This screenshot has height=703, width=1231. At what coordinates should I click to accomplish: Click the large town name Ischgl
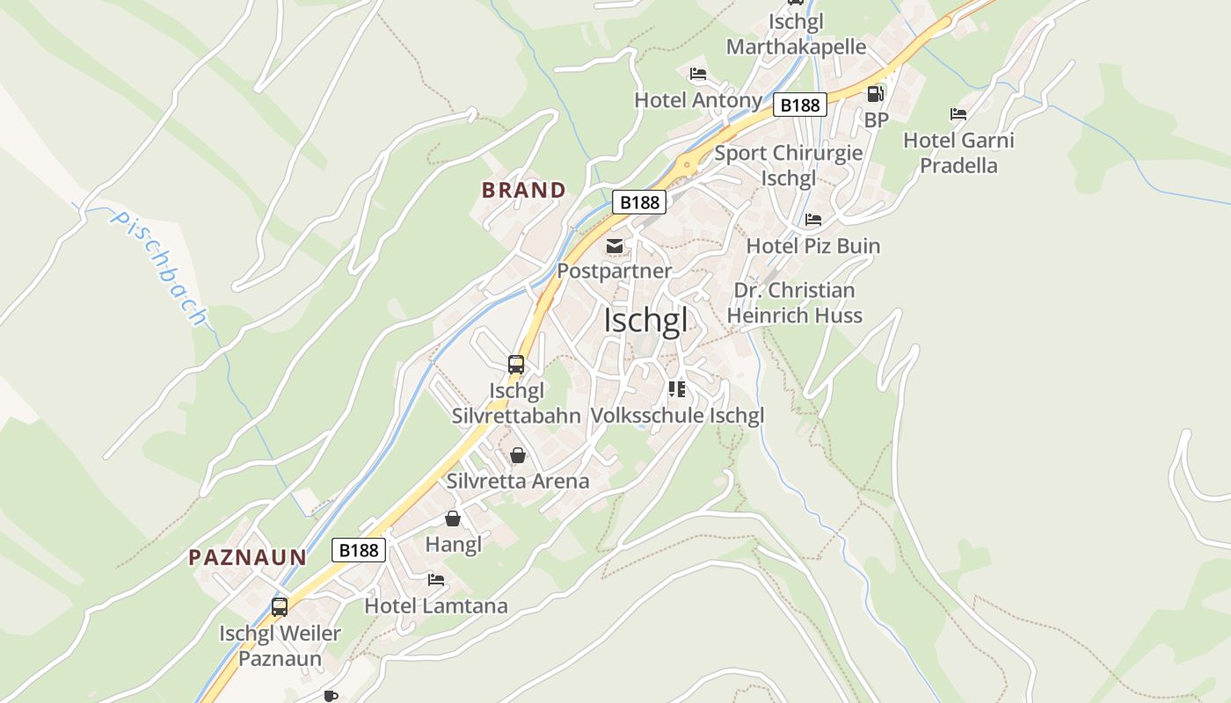click(x=645, y=321)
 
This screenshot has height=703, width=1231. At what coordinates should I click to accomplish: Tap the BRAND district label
click(x=523, y=190)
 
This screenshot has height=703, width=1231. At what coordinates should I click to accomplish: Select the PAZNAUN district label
click(x=247, y=557)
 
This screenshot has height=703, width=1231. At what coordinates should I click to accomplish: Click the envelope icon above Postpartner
click(x=615, y=246)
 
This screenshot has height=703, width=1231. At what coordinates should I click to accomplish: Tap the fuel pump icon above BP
click(x=875, y=94)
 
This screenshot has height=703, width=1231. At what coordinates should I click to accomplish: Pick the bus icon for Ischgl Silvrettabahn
click(x=516, y=364)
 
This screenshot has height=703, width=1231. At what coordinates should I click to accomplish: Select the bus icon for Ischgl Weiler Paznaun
click(x=280, y=606)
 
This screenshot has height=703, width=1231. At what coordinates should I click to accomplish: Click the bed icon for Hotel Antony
click(x=698, y=74)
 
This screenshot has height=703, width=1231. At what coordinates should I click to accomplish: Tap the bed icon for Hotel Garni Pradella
click(x=958, y=114)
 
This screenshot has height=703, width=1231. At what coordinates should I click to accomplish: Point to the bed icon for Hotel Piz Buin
click(x=813, y=220)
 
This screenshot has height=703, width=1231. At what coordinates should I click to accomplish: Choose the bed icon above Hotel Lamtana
click(x=436, y=580)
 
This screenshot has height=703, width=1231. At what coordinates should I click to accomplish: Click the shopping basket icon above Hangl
click(x=453, y=518)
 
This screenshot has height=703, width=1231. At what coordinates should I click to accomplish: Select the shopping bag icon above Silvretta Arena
click(x=518, y=455)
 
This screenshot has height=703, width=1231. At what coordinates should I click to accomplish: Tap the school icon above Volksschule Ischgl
click(x=676, y=388)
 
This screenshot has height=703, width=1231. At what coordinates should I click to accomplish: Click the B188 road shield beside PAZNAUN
click(x=359, y=550)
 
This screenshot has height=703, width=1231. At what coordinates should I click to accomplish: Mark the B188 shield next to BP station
click(x=800, y=105)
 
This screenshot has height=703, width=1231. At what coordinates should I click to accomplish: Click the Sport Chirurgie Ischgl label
click(x=788, y=165)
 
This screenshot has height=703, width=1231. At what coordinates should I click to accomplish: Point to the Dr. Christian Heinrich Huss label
click(x=794, y=302)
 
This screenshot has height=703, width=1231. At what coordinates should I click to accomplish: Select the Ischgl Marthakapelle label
click(x=796, y=33)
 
